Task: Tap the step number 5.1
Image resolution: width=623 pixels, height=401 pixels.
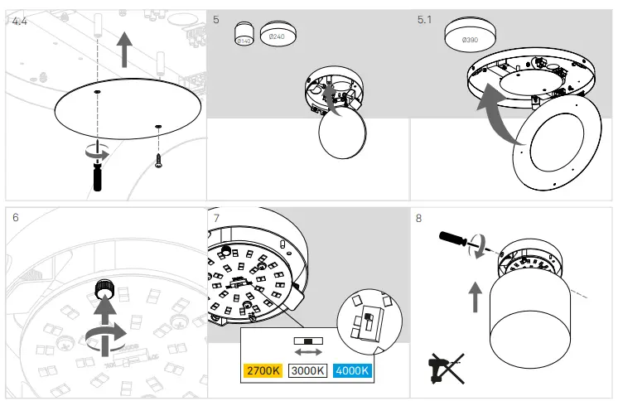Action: point(424,18)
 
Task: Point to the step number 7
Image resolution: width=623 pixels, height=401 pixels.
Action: point(216,218)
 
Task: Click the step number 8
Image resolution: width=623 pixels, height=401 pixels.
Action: point(418,218)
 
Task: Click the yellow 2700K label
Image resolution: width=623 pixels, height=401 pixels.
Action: point(263,370)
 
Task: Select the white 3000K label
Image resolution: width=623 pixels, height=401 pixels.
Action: point(307,370)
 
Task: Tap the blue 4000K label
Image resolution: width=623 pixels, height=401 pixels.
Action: point(351,370)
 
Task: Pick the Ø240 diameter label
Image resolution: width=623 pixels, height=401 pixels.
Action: point(278,36)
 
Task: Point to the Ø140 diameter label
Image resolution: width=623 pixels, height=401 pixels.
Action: point(244,39)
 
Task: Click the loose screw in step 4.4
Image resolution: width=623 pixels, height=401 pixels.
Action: point(157,158)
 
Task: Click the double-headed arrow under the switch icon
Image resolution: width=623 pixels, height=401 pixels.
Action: point(307,352)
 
